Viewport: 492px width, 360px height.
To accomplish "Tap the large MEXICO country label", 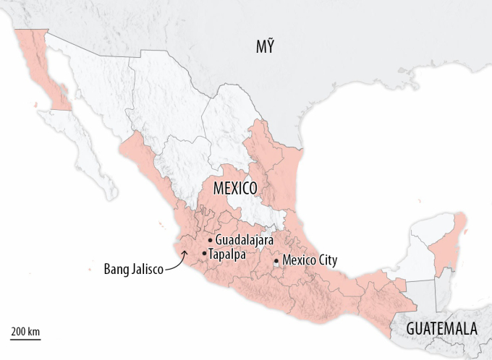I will (x=236, y=189).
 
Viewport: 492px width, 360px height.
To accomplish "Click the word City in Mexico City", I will (x=325, y=260).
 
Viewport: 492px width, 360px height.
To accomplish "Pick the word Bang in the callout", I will (x=117, y=270).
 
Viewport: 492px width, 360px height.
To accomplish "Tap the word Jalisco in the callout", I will (x=148, y=270).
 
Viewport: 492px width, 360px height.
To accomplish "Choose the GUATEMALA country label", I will (x=442, y=329).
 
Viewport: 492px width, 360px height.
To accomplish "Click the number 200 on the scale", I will (x=19, y=331).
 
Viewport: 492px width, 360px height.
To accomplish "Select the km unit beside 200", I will (x=33, y=331).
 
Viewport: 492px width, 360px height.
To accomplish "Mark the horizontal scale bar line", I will (x=25, y=338).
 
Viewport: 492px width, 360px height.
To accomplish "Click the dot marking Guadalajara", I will (x=210, y=240).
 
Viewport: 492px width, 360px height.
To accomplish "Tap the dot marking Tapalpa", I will (x=205, y=254).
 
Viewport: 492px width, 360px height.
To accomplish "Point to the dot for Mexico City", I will (x=276, y=261).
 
